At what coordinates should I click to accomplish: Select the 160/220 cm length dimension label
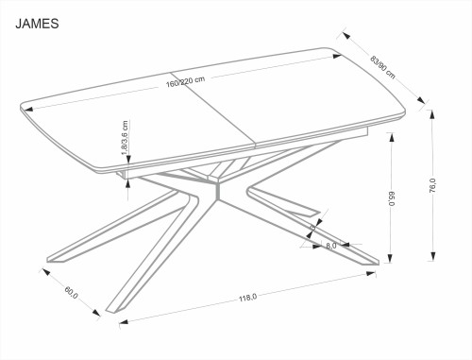coord(187,81)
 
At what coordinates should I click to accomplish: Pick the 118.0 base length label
coord(247,299)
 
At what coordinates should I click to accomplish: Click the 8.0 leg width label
coord(331,248)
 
